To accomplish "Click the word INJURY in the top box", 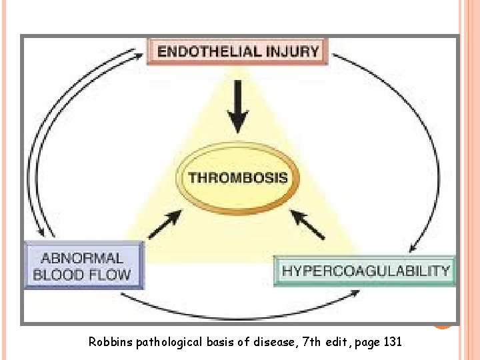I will tap(294, 52).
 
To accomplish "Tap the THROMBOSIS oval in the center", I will tap(238, 178).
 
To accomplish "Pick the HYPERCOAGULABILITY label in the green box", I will tap(366, 271).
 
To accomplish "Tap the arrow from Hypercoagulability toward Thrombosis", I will tap(308, 225).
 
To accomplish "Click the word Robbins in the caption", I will tap(110, 342).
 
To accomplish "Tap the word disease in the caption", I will tap(267, 342).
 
